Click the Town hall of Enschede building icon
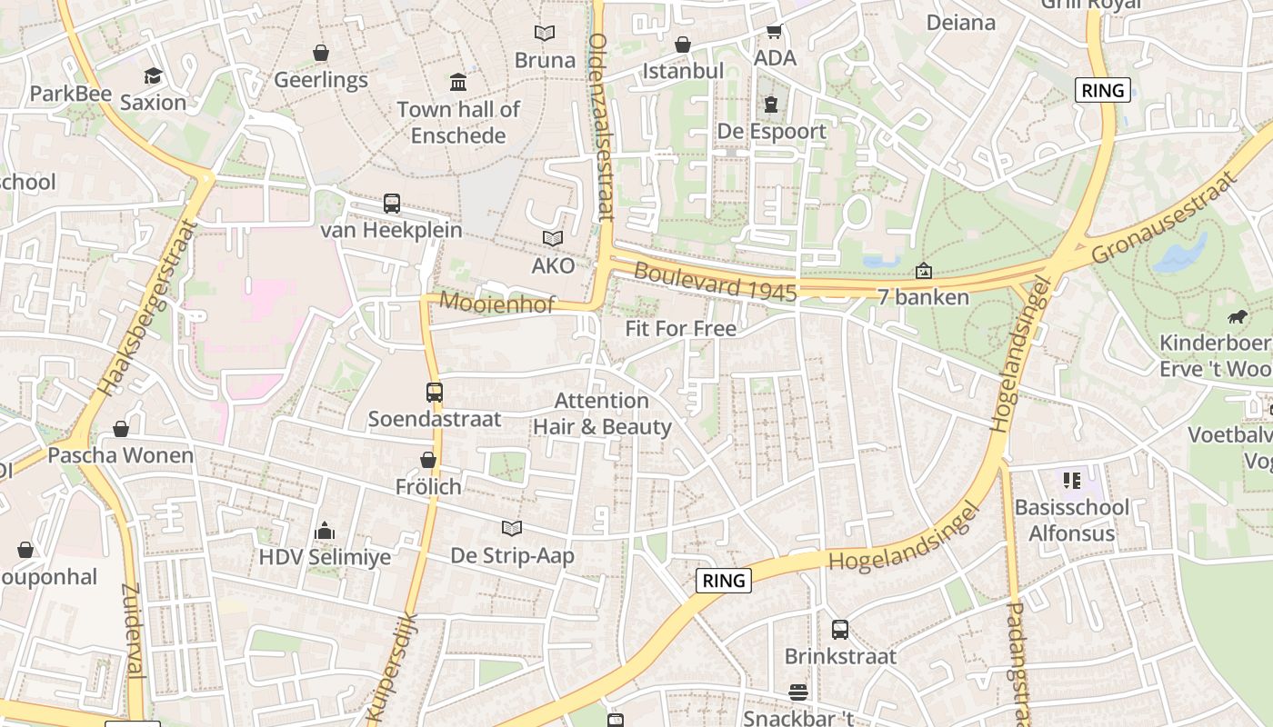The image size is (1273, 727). tap(458, 83)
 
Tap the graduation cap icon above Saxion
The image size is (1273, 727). tap(153, 75)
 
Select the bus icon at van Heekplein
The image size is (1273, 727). tap(392, 204)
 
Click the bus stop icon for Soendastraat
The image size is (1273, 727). tap(435, 393)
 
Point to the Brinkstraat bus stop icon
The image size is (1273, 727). tap(840, 630)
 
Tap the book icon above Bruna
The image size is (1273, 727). tap(545, 34)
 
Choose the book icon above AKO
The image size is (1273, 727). tap(553, 239)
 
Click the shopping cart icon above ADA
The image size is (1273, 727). tap(775, 32)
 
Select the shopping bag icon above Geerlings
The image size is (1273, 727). tap(321, 54)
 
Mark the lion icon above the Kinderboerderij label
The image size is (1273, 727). tap(1238, 317)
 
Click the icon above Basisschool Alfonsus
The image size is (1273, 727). tap(1072, 480)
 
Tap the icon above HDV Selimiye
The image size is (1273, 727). tap(325, 531)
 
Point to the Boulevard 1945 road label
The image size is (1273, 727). tap(715, 283)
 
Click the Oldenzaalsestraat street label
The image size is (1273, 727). tap(600, 127)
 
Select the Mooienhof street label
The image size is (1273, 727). tap(496, 304)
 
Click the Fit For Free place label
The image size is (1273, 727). tap(680, 328)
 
